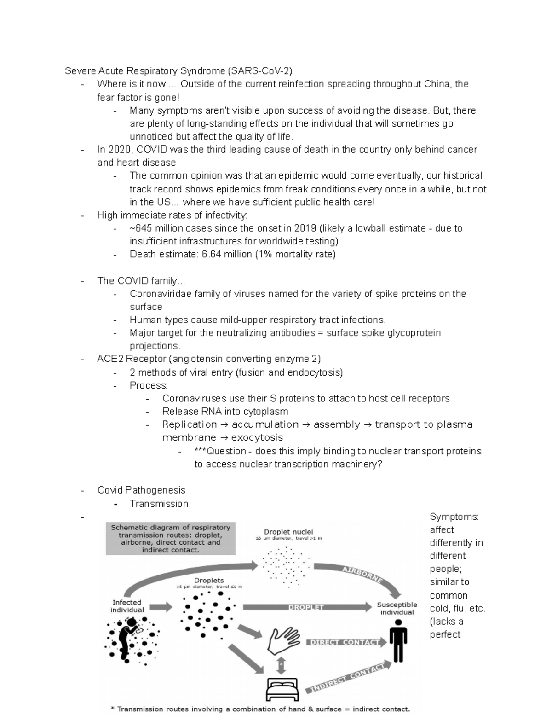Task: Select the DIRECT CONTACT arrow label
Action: [x=343, y=642]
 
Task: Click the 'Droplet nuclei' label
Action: [x=288, y=531]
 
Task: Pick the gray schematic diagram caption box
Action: [x=170, y=538]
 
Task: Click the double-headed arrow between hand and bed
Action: [x=280, y=665]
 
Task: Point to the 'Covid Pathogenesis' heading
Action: [x=141, y=490]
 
